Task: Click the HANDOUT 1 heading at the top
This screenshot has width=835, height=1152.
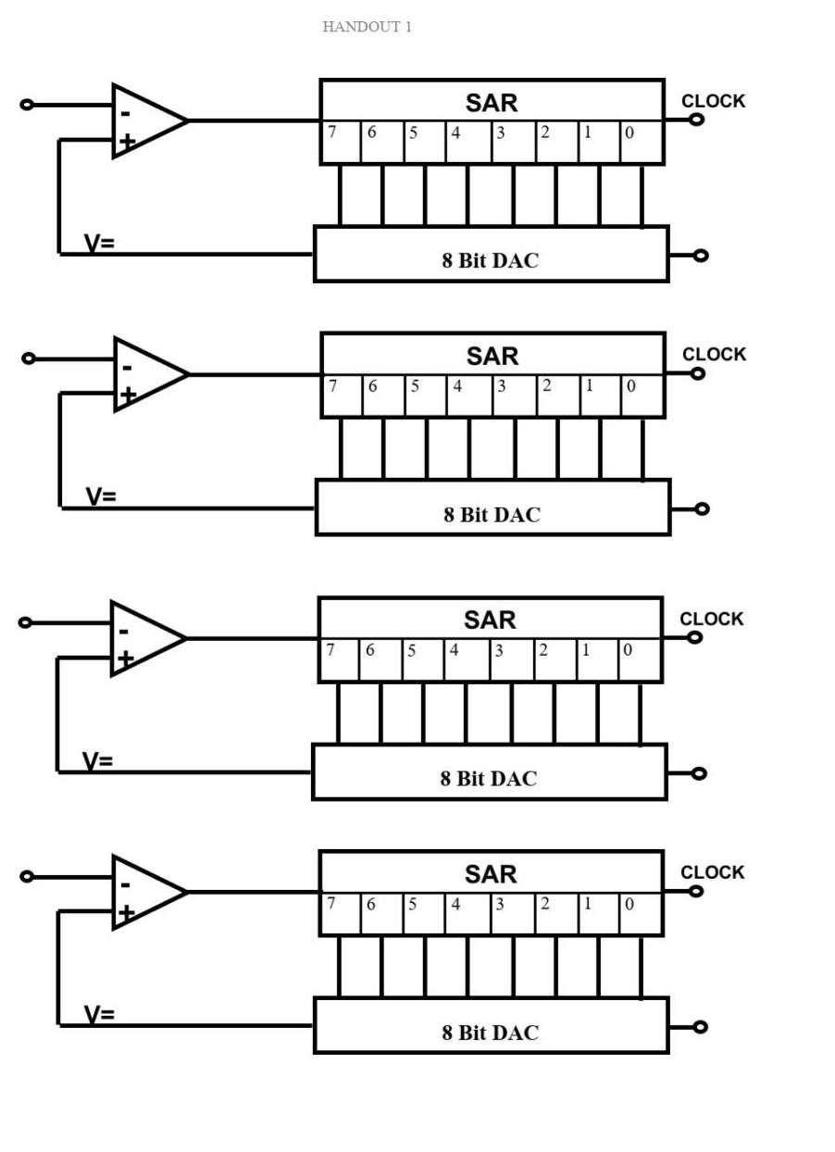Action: click(367, 27)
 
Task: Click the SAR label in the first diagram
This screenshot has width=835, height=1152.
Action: click(492, 103)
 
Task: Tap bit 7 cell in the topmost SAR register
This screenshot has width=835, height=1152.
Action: click(340, 142)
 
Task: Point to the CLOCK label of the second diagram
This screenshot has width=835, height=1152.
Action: click(714, 355)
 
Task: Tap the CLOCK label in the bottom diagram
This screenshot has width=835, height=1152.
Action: click(712, 872)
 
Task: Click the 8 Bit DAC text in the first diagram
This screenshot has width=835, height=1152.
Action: click(490, 260)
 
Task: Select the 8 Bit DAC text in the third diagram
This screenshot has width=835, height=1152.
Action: click(488, 779)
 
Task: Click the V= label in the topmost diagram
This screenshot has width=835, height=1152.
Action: click(99, 244)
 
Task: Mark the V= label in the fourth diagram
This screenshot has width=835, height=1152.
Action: click(99, 1015)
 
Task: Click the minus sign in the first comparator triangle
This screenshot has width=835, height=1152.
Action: click(126, 114)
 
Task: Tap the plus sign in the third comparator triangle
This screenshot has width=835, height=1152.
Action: click(126, 659)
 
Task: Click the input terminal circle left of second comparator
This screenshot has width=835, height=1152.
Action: click(29, 358)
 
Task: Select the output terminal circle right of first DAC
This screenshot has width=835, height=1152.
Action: click(701, 256)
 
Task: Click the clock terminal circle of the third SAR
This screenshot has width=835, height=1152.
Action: click(694, 637)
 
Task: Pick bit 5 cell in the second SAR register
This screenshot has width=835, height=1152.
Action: click(425, 395)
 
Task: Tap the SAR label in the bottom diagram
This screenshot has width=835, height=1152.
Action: click(491, 874)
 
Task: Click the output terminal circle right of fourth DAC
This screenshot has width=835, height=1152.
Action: click(701, 1027)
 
